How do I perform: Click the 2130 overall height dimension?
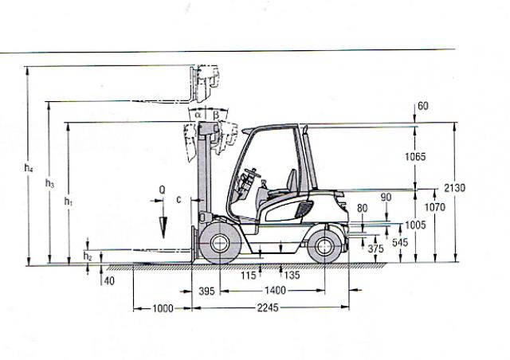[455, 188]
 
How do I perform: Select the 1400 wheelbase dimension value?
[275, 290]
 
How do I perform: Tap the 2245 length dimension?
[268, 307]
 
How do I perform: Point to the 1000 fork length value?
[163, 308]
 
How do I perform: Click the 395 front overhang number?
[207, 291]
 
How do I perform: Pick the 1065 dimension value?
[415, 157]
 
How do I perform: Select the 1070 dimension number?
[435, 207]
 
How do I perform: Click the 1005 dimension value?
[415, 225]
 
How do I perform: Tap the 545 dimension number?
[400, 242]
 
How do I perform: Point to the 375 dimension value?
[375, 248]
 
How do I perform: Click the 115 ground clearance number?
[249, 276]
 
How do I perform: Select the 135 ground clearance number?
[292, 276]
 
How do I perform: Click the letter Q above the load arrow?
[162, 190]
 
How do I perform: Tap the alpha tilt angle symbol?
[198, 115]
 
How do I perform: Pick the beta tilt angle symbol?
[216, 115]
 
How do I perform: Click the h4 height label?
[29, 168]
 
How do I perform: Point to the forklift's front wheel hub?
[220, 243]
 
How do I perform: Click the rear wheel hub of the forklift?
[324, 246]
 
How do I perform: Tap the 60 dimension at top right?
[423, 106]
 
